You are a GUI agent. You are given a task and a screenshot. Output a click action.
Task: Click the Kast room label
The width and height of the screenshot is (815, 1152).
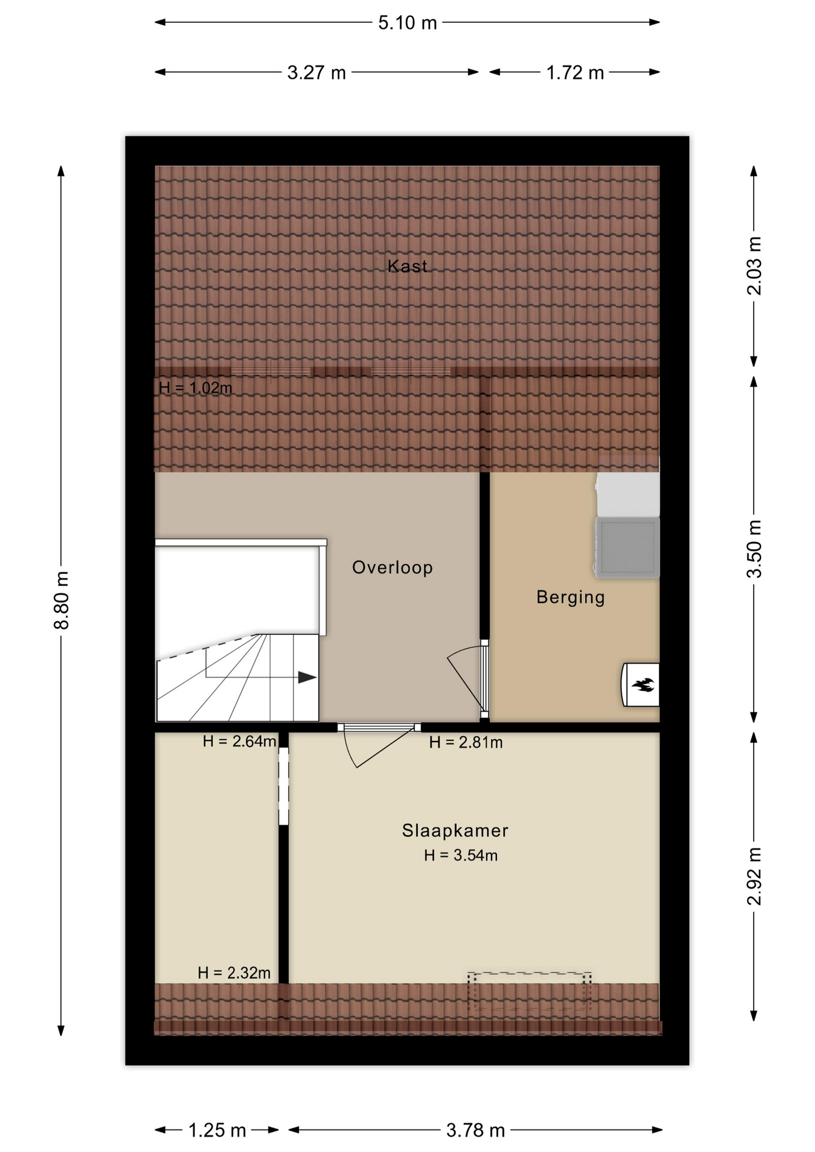[x=407, y=266]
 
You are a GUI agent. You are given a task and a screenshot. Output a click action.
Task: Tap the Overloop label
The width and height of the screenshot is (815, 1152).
[x=392, y=568]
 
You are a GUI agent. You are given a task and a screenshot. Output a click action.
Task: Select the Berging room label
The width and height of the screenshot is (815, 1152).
[x=570, y=598]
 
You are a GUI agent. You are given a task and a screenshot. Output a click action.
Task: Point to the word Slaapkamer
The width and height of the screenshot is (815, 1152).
[x=455, y=830]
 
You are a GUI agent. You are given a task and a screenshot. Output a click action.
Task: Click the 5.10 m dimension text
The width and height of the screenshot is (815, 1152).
[x=407, y=23]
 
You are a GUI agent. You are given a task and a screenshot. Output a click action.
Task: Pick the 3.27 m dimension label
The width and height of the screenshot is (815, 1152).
[x=316, y=73]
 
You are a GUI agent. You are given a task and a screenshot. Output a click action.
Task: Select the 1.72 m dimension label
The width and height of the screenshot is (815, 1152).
[x=574, y=73]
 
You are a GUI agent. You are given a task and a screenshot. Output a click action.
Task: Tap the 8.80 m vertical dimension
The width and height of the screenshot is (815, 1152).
[x=62, y=600]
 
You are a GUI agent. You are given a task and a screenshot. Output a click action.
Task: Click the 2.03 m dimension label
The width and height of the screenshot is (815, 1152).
[x=754, y=265]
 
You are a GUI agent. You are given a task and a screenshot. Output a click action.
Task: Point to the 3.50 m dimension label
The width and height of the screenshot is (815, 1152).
[x=754, y=548]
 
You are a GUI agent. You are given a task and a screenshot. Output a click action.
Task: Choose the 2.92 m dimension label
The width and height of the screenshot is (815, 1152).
[x=754, y=876]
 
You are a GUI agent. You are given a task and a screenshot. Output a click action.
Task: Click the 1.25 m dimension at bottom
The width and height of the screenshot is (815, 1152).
[x=217, y=1130]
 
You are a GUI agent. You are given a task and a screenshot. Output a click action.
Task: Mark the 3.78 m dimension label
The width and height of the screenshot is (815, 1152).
[x=475, y=1130]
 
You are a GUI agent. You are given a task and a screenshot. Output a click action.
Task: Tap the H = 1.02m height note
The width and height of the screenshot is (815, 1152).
[x=196, y=388]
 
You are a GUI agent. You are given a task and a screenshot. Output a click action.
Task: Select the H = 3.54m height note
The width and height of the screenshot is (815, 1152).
[x=461, y=856]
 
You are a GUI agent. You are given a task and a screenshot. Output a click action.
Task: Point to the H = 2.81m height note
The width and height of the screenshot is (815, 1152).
[x=466, y=743]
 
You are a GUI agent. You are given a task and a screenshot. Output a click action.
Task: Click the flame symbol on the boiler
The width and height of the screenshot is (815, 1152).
[x=643, y=685]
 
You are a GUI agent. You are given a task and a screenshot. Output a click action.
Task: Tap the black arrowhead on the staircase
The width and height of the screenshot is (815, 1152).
[x=307, y=677]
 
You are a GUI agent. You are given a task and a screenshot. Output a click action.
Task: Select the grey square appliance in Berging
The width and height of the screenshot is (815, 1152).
[x=627, y=547]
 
